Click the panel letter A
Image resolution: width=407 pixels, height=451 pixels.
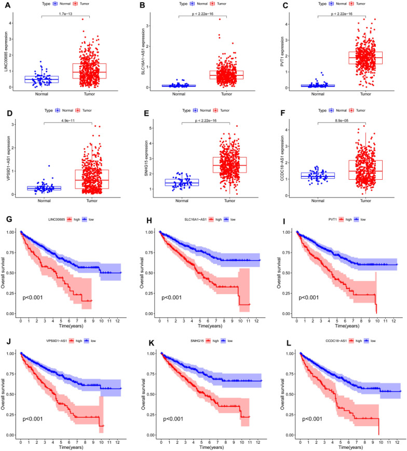coord(4,4)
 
